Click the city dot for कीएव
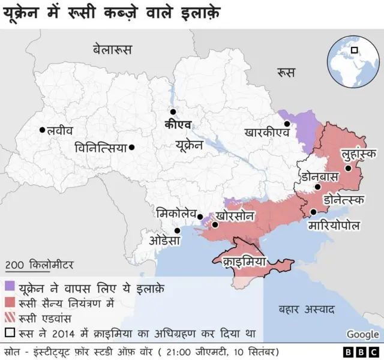[x=173, y=112]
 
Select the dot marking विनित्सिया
[x=131, y=147]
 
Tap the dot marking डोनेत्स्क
[x=317, y=188]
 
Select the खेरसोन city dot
[x=215, y=226]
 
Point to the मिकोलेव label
[x=175, y=213]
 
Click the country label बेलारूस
[x=112, y=49]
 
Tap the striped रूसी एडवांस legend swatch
[x=10, y=317]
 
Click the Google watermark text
[x=362, y=334]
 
